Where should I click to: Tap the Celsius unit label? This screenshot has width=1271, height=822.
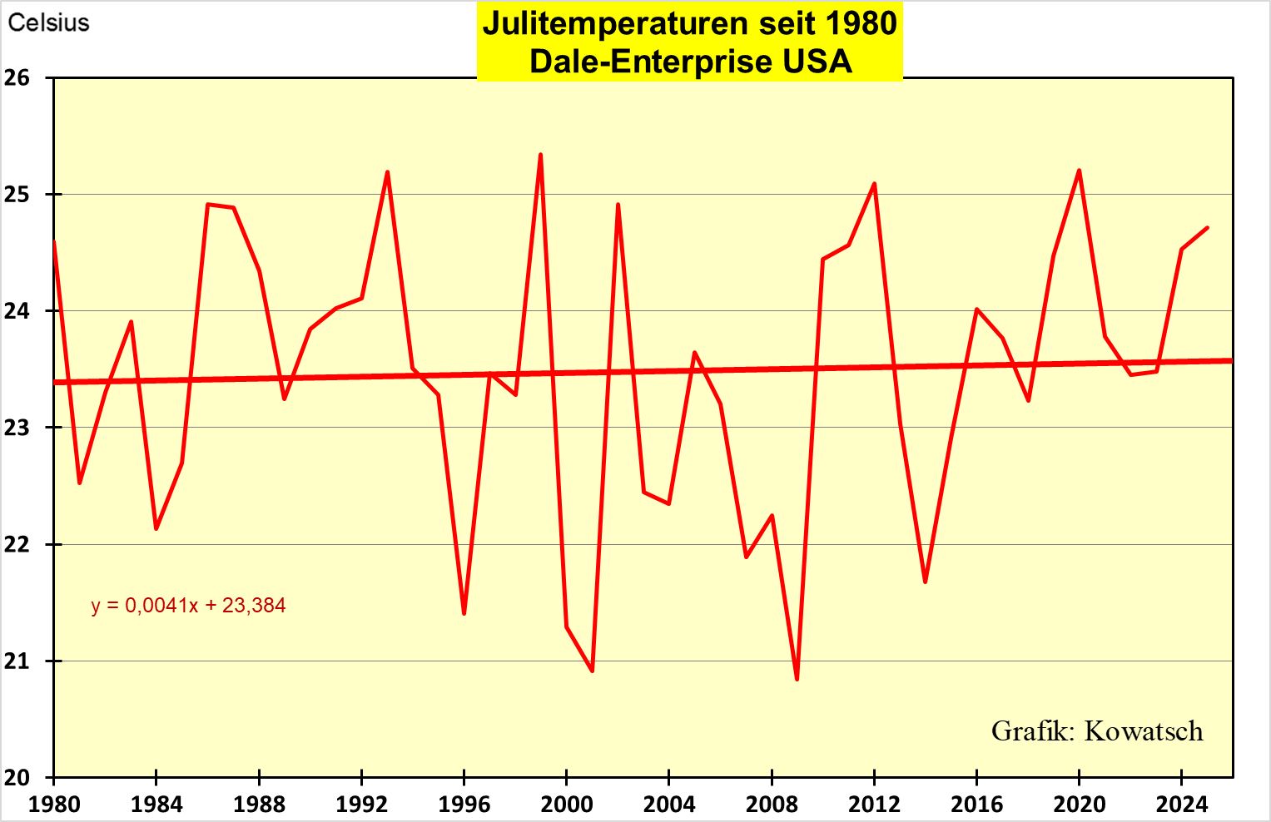[48, 22]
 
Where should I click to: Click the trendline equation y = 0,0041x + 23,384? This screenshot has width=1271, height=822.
[188, 605]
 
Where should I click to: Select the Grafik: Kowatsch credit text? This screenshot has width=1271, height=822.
[1097, 730]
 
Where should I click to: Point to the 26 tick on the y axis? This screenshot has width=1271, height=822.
[17, 78]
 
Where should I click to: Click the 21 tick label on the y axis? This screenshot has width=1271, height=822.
[17, 661]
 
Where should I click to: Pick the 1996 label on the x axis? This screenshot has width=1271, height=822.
[464, 805]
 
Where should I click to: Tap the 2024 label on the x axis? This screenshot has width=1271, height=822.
[1181, 805]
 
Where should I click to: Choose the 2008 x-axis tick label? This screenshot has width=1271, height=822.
[772, 805]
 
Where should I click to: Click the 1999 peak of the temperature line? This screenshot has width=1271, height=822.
[541, 155]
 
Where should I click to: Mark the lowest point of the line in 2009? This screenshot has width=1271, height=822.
[797, 679]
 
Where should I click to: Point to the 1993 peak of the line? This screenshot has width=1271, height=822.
[387, 172]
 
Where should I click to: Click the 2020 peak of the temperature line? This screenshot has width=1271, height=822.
[1079, 171]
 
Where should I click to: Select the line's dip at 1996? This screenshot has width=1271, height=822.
[464, 613]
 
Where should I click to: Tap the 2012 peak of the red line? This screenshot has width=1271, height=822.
[874, 184]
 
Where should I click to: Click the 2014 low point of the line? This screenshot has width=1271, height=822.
[925, 582]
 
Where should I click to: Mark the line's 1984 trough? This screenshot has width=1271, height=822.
[156, 528]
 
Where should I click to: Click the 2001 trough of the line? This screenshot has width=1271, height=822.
[592, 671]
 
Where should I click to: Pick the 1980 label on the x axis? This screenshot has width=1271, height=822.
[53, 805]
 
